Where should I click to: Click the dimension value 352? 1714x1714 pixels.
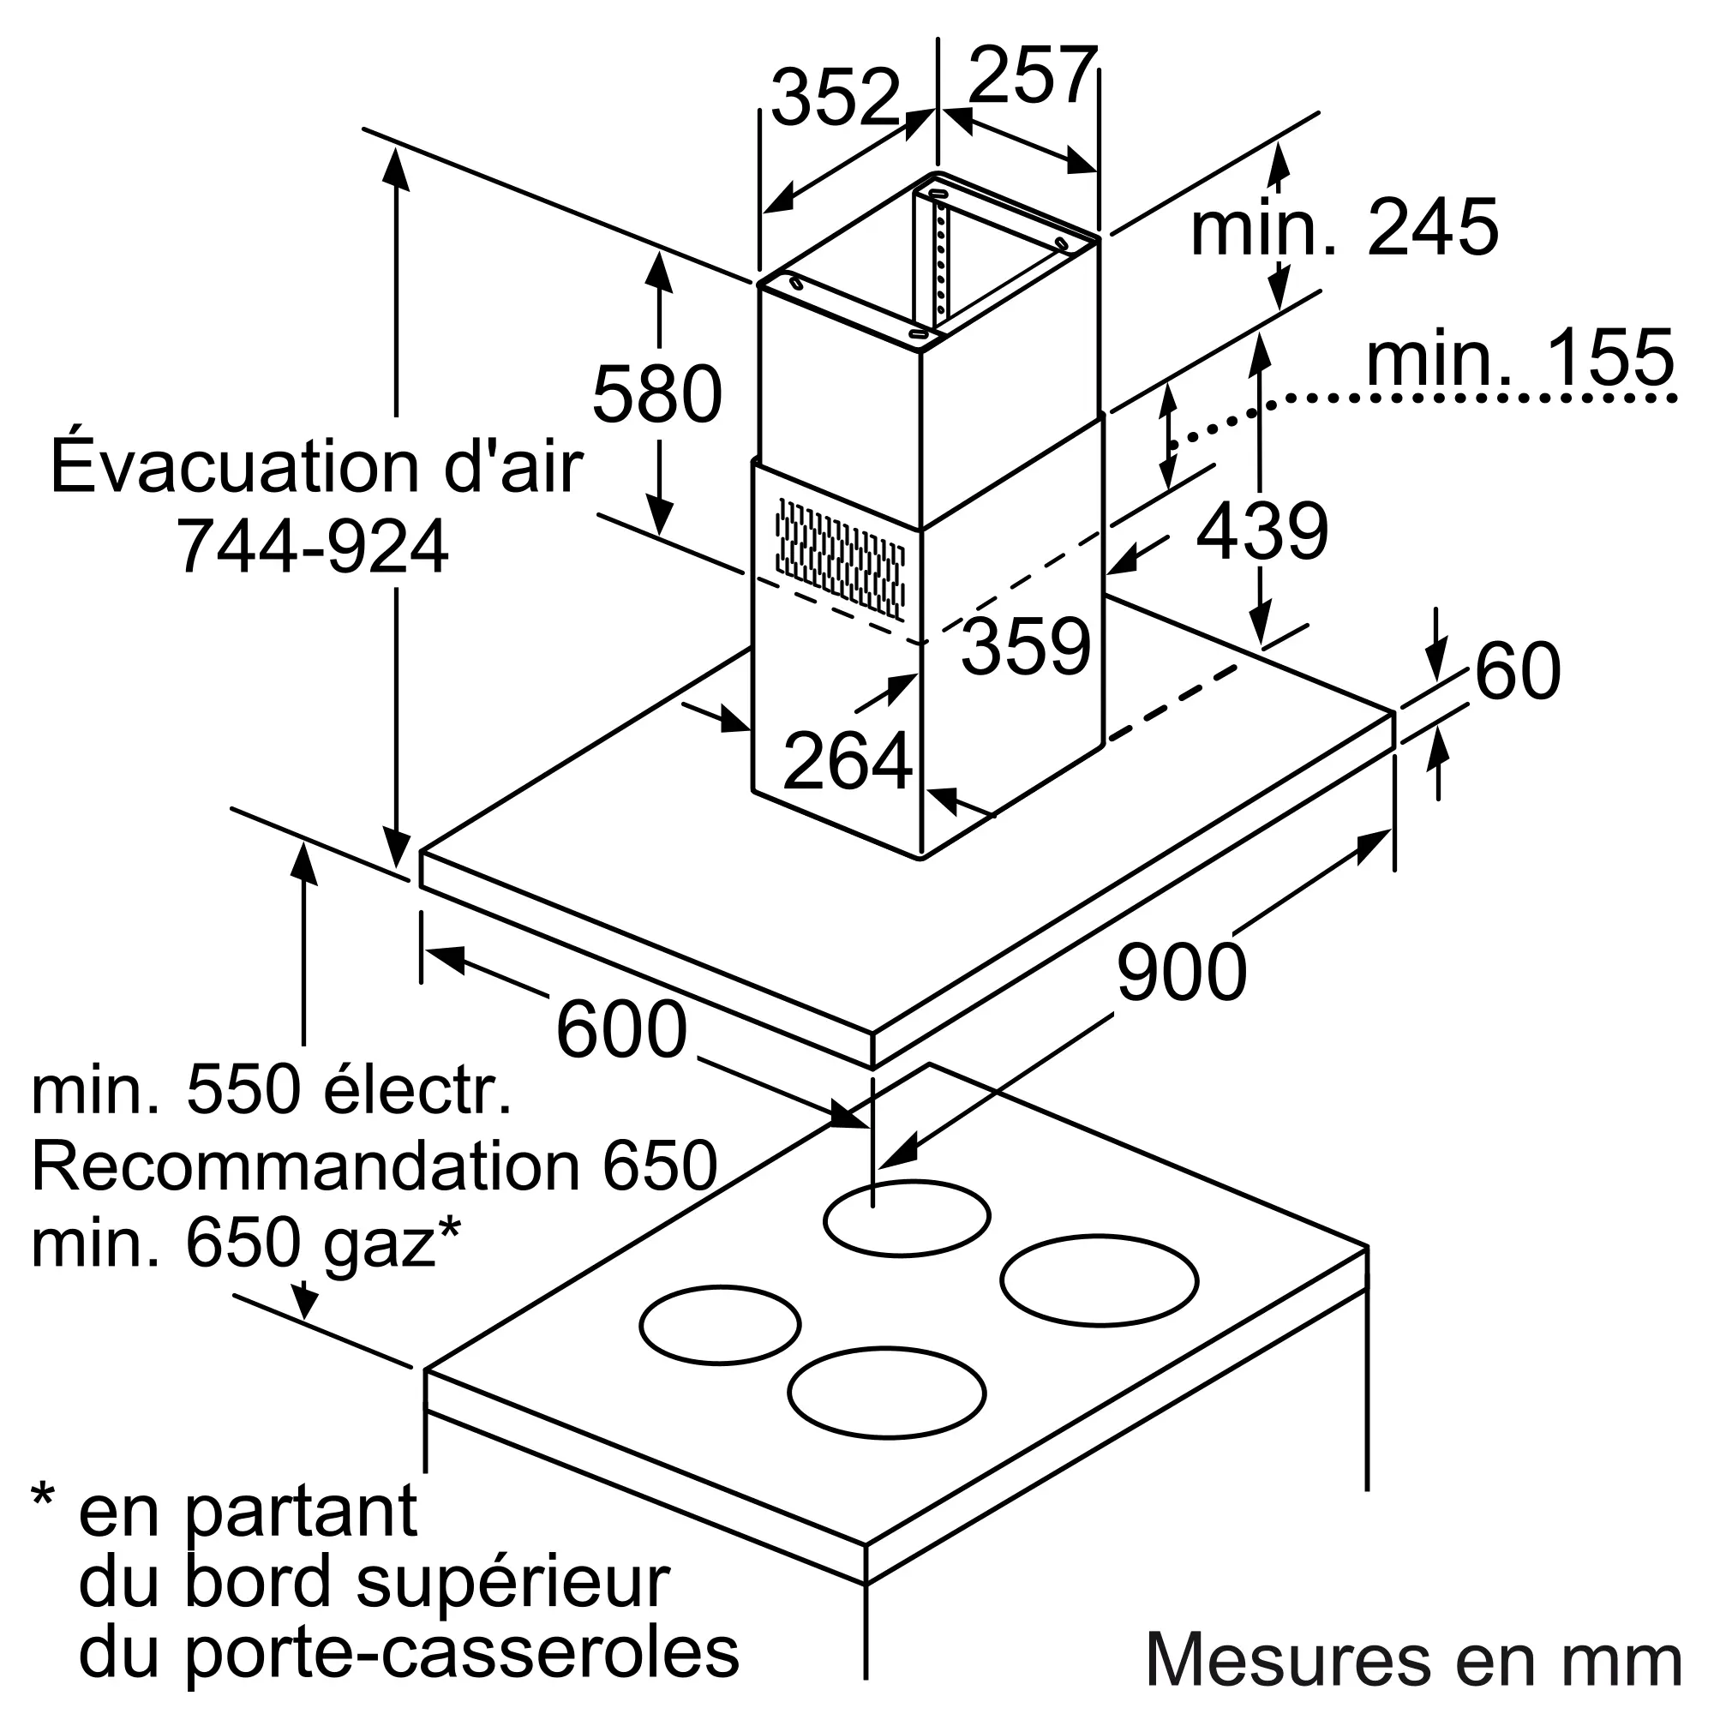point(836,97)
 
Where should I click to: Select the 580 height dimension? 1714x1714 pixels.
point(657,394)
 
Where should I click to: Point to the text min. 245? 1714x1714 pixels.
point(1344,227)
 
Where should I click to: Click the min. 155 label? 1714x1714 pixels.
point(1520,357)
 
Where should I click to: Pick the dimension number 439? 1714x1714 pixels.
point(1262,530)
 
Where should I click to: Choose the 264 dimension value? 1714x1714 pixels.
point(848,759)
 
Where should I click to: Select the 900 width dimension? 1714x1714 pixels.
point(1182,973)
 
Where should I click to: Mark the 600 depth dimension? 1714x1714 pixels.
point(621,1029)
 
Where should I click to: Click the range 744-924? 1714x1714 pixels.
point(312,547)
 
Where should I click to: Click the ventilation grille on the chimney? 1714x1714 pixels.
point(840,557)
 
